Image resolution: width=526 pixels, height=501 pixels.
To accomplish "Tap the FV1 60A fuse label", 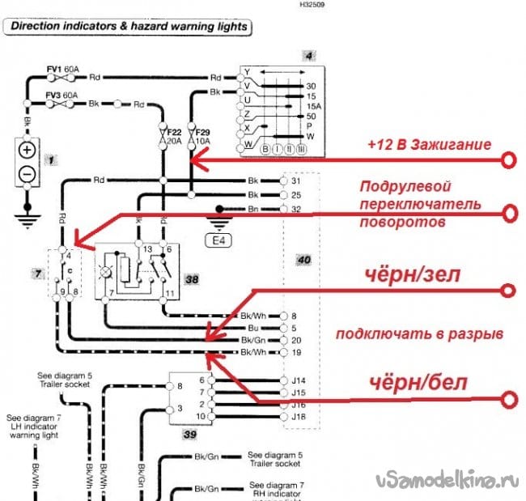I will (x=62, y=70).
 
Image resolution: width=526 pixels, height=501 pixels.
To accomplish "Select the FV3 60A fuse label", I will (x=62, y=95).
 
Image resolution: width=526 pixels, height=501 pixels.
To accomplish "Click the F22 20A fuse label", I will (x=172, y=135).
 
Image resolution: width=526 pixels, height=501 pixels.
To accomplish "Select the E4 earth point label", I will (x=219, y=240).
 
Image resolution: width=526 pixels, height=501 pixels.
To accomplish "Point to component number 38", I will (x=192, y=279).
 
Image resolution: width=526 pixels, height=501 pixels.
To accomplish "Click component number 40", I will (x=303, y=260).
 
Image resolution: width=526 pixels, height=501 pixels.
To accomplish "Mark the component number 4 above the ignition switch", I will (x=308, y=56).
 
